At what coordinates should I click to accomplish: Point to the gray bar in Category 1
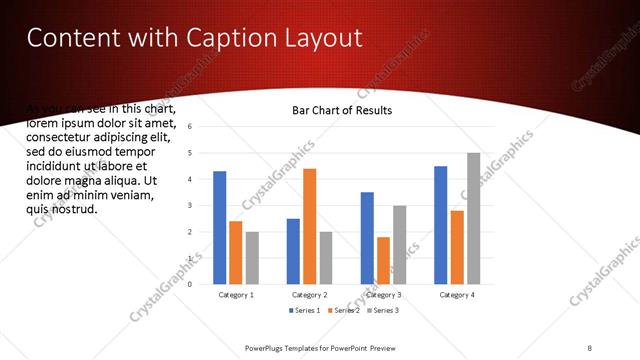point(251,257)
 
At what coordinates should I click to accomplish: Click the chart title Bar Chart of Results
point(341,110)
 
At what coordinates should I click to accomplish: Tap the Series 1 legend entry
point(306,312)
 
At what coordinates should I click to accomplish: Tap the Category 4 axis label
point(457,295)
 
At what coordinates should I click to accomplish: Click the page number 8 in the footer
point(589,347)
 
